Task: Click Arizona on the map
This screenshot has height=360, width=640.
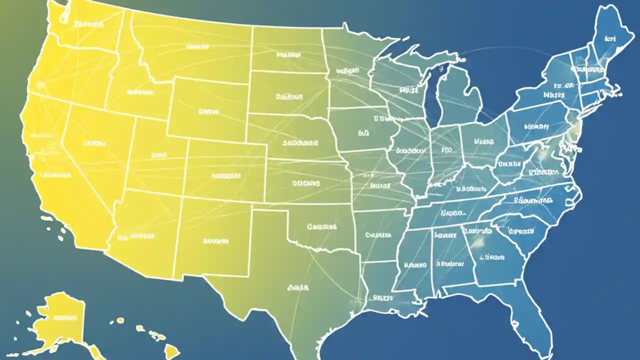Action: coord(145,230)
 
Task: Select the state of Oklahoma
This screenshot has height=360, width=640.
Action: coord(320,227)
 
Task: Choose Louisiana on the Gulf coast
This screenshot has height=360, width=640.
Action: coord(380,295)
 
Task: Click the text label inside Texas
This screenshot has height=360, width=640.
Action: coord(298,288)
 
